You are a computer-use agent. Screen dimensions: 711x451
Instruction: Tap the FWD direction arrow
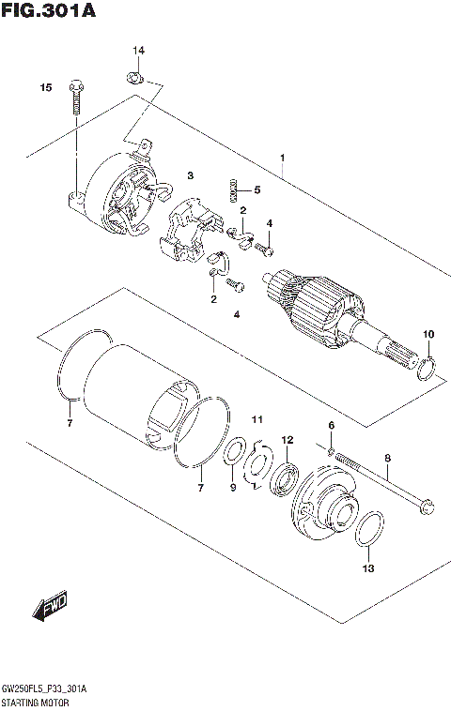coord(50,609)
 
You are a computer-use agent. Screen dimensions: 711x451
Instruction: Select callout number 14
coord(137,50)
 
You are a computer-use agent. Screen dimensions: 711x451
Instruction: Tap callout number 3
coord(189,175)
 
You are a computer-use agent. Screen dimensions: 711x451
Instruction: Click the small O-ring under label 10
coord(426,369)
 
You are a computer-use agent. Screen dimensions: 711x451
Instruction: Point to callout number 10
coord(428,334)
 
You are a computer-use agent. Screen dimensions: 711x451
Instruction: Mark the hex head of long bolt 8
coord(424,507)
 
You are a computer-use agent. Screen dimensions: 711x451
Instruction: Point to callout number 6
coord(331,426)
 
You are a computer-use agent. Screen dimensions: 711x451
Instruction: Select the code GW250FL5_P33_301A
coord(46,688)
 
